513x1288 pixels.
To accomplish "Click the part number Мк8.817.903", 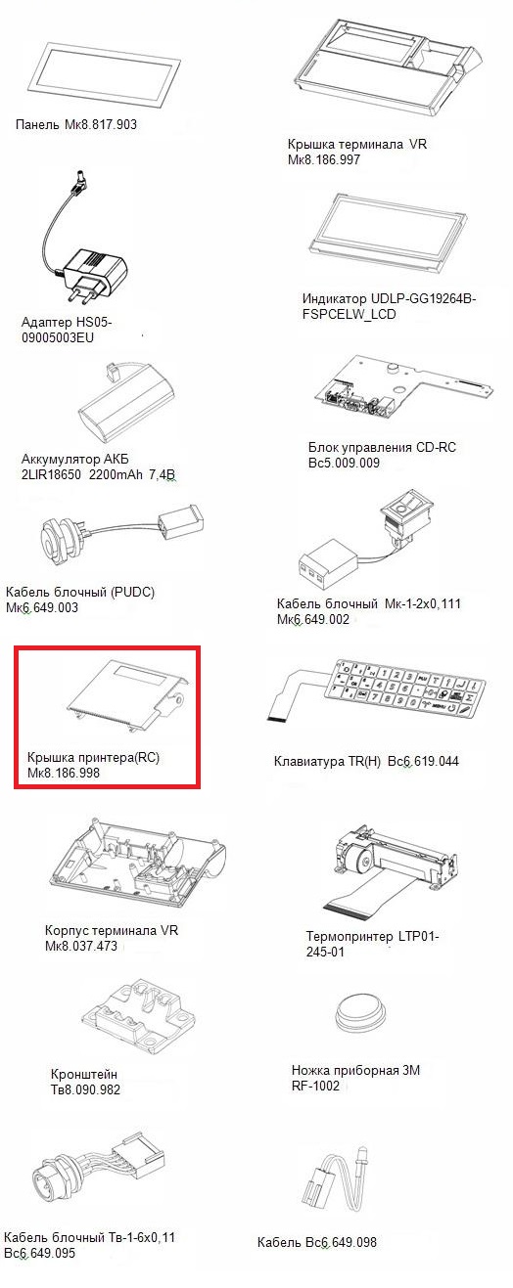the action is (x=102, y=125).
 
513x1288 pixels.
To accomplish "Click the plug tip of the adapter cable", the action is (x=76, y=179).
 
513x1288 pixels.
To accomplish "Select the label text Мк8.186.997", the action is (x=324, y=159).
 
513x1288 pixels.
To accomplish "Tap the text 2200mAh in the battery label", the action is (x=116, y=475).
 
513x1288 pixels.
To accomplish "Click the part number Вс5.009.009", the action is (x=344, y=463).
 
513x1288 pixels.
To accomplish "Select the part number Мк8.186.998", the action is (x=64, y=773).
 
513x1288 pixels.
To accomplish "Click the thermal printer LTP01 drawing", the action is (x=392, y=868).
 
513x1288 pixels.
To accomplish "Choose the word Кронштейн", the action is (x=84, y=1074).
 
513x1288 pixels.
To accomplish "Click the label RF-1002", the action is (x=315, y=1087).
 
